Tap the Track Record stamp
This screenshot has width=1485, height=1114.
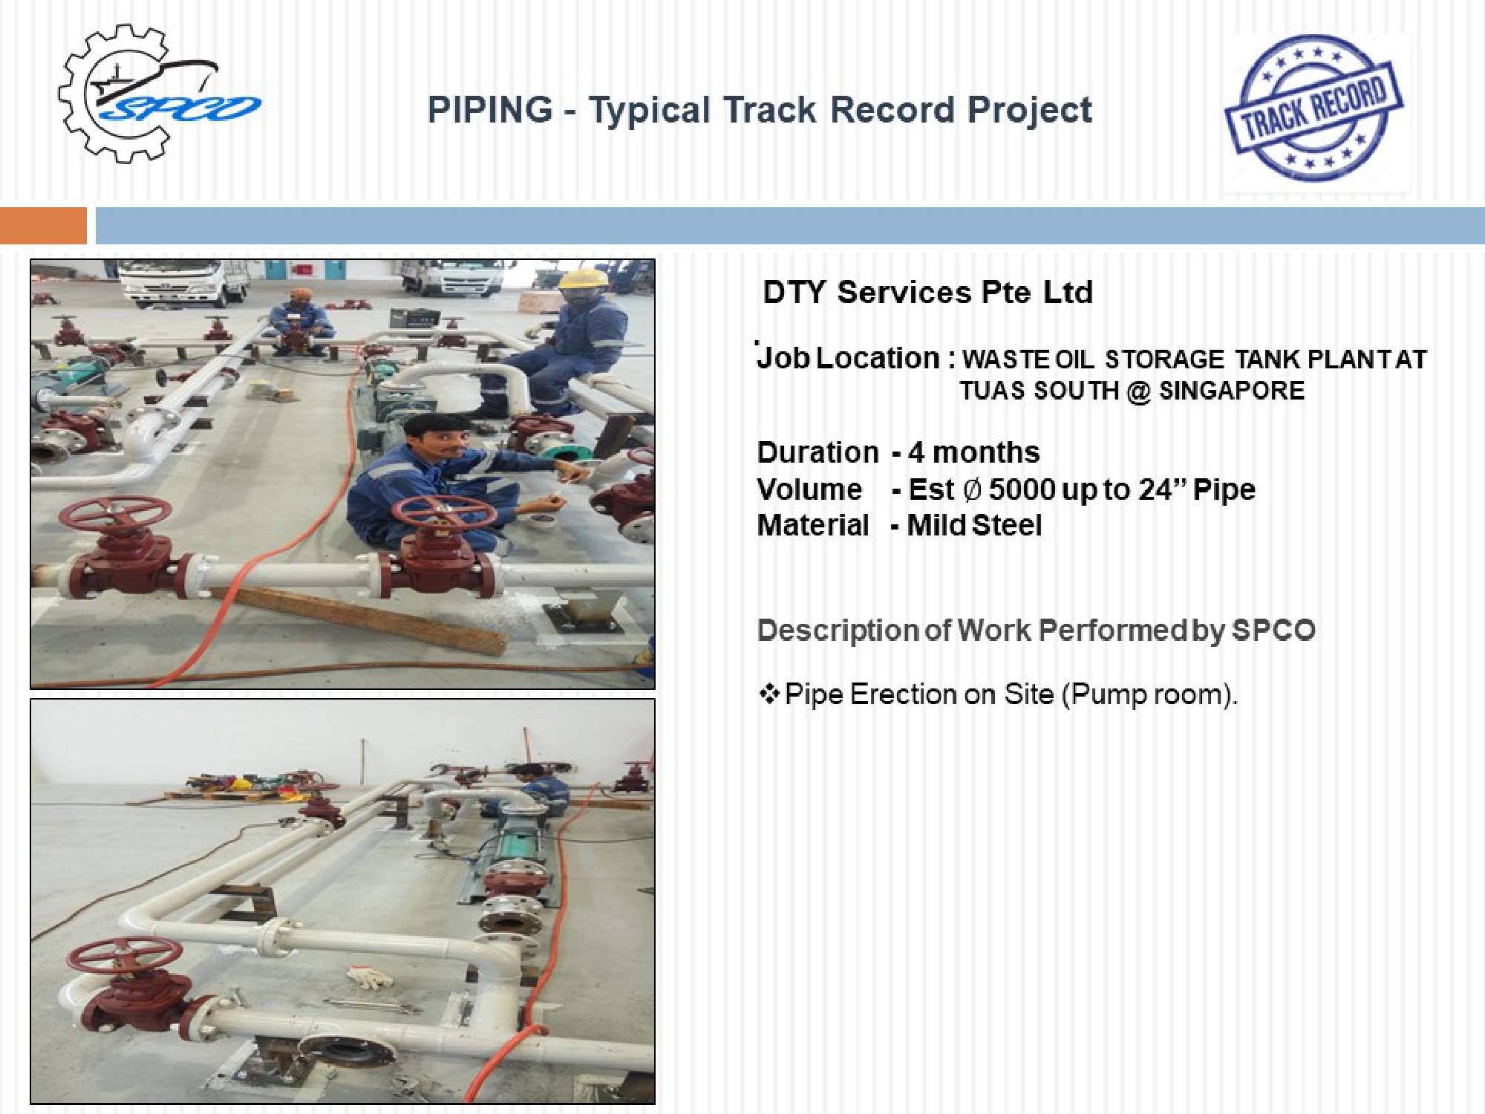click(1313, 108)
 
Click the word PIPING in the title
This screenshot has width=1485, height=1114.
click(490, 110)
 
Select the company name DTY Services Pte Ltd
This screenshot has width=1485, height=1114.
click(928, 292)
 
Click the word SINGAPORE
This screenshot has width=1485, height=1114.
click(1232, 391)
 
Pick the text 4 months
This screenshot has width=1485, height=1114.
click(974, 452)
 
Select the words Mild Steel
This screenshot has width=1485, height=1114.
click(974, 526)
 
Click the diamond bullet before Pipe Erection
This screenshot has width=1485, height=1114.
click(769, 694)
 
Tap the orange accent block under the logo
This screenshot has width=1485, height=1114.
click(43, 226)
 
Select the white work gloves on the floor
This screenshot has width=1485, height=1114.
click(370, 977)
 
